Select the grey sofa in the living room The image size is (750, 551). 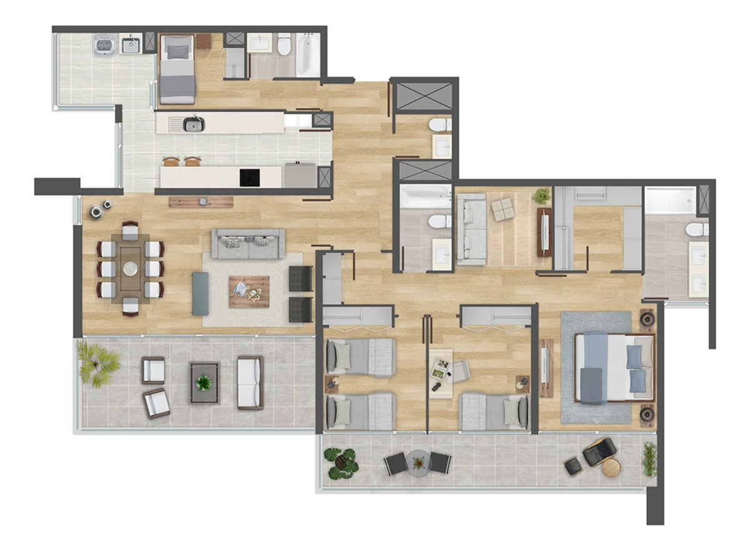pyautogui.click(x=248, y=244)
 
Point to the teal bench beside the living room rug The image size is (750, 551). pyautogui.click(x=200, y=293)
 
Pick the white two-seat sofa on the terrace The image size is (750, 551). pyautogui.click(x=250, y=382)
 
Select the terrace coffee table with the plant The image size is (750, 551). pyautogui.click(x=204, y=382)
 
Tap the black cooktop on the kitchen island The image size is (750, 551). pyautogui.click(x=250, y=178)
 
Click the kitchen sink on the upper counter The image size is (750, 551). pyautogui.click(x=194, y=124)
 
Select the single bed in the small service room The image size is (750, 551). pyautogui.click(x=177, y=69)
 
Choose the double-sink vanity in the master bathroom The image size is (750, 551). pyautogui.click(x=698, y=269)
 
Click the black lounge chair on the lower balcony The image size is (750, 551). pyautogui.click(x=599, y=450)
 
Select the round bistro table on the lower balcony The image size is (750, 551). pyautogui.click(x=417, y=463)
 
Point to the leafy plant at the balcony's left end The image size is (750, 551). pyautogui.click(x=342, y=463)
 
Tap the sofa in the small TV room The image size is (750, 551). pyautogui.click(x=472, y=228)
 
